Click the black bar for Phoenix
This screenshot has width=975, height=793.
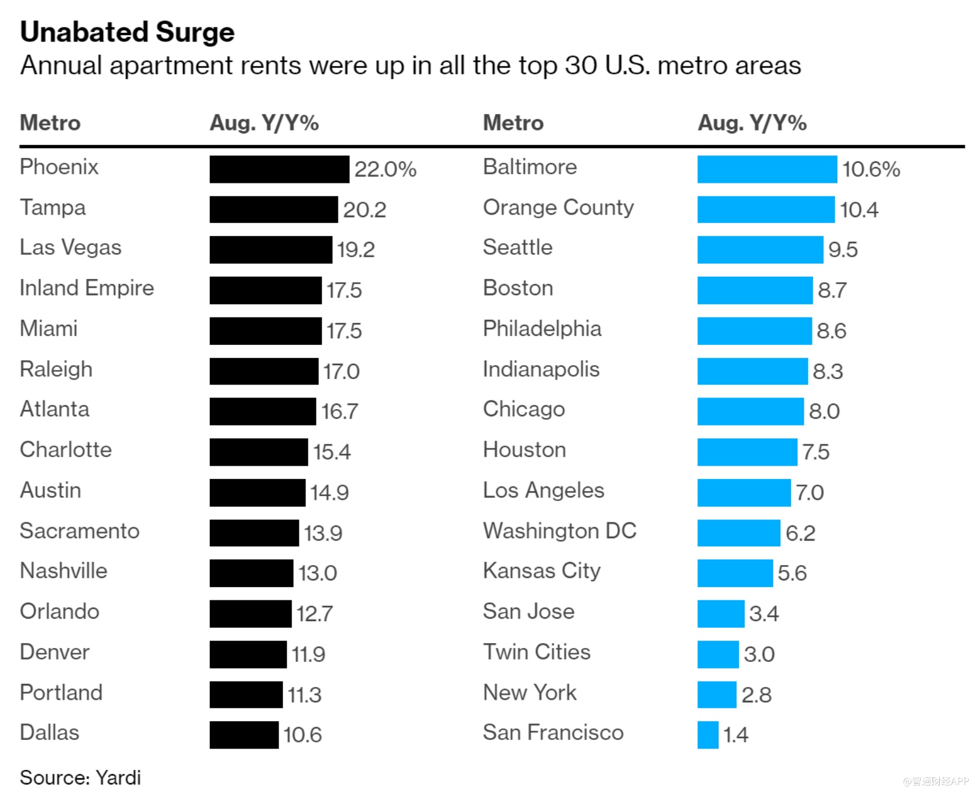click(279, 169)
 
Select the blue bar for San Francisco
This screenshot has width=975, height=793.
click(708, 734)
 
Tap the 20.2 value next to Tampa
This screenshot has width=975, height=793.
click(365, 210)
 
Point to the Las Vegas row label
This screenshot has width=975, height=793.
click(71, 247)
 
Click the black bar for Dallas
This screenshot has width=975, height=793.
click(244, 734)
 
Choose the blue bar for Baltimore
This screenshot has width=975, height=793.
click(767, 169)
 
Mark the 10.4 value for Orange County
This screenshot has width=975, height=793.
click(859, 210)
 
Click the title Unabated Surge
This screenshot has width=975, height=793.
click(127, 32)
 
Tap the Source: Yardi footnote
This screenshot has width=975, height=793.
click(80, 778)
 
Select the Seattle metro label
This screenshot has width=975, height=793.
click(518, 247)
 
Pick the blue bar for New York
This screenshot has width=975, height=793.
click(717, 694)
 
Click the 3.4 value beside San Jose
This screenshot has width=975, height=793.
click(764, 613)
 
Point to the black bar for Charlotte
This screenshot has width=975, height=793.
click(259, 452)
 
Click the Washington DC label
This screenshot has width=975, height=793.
click(560, 531)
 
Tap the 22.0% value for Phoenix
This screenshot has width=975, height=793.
click(385, 169)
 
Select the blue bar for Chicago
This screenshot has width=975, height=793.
click(751, 411)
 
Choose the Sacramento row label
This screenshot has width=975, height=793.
click(80, 531)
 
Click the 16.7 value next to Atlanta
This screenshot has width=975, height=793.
click(340, 411)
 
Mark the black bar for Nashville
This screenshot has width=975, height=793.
click(251, 573)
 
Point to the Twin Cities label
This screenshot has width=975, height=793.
click(537, 652)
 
